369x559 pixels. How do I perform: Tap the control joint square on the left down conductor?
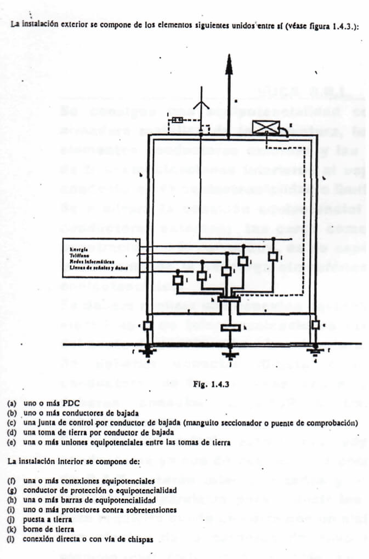(147, 325)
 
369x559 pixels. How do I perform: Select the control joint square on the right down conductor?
(315, 325)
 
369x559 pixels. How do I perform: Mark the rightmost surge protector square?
(273, 256)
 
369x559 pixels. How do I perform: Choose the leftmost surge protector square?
(178, 280)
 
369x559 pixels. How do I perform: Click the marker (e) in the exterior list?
(12, 442)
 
